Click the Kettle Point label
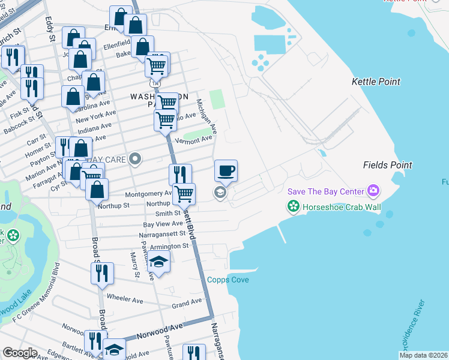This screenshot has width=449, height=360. point(376,82)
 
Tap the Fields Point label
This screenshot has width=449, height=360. point(387,165)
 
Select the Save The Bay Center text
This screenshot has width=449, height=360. point(325,191)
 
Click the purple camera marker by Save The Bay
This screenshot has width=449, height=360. point(373,191)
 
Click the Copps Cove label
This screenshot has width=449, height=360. point(228,280)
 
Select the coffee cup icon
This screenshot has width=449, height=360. point(226,171)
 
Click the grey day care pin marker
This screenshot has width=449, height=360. point(136,159)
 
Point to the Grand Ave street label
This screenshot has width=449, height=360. point(187,305)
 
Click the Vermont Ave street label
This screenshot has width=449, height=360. point(194,139)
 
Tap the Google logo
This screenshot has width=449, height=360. point(20,353)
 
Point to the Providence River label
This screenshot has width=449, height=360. point(414,325)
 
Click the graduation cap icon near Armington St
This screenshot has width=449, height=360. point(159,262)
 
